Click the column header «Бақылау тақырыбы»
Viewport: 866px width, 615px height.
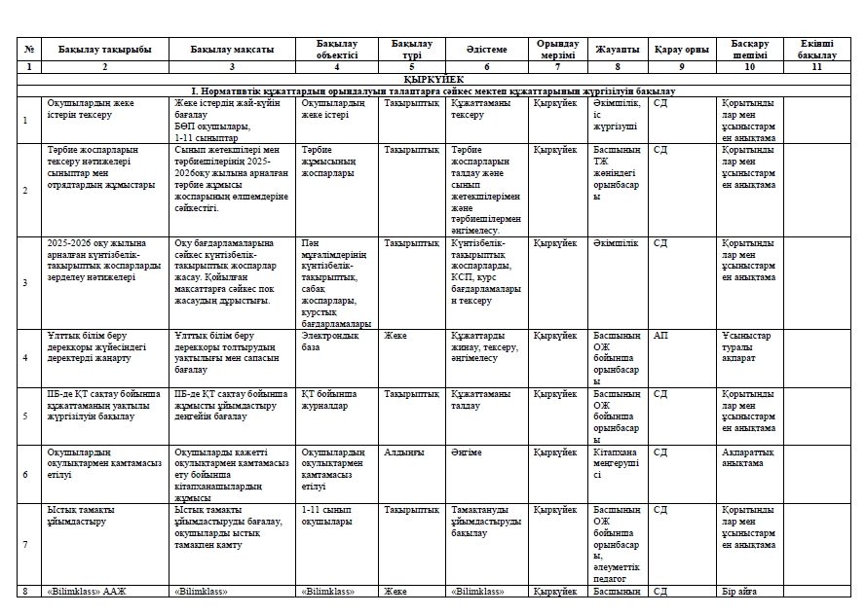(104, 49)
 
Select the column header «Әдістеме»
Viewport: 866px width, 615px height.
(486, 49)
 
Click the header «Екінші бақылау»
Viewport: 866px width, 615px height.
(816, 49)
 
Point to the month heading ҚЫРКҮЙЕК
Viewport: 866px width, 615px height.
(433, 78)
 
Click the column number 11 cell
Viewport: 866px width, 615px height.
(816, 66)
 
